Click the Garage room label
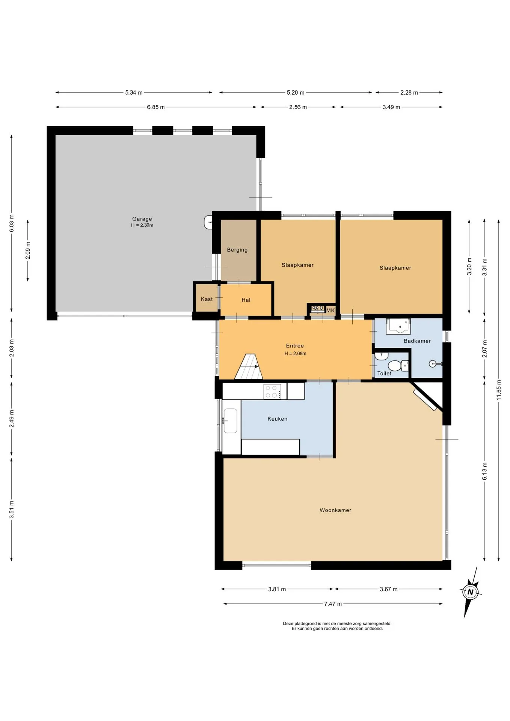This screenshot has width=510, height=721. [x=142, y=219]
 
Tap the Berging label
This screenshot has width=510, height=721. [x=237, y=250]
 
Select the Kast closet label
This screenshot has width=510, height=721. [x=207, y=299]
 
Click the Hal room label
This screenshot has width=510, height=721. [x=246, y=300]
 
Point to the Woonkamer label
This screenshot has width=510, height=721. [x=335, y=510]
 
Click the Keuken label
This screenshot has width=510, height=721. [x=278, y=419]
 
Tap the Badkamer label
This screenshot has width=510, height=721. [x=417, y=341]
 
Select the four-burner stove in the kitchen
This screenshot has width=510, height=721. [x=273, y=391]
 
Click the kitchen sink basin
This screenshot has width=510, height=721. [x=230, y=421]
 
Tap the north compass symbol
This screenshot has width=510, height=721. [x=470, y=592]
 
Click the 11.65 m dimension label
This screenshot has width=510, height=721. [x=499, y=390]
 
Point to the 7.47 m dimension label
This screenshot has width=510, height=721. [x=333, y=604]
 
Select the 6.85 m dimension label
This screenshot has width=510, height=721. [x=156, y=107]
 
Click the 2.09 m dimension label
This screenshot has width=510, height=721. [x=28, y=250]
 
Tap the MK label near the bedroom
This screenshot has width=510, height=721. [x=330, y=311]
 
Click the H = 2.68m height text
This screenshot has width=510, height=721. [x=295, y=353]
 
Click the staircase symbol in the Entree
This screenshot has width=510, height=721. [x=249, y=367]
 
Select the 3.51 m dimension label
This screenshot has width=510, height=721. [x=12, y=510]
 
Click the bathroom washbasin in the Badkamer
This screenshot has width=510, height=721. [x=398, y=326]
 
